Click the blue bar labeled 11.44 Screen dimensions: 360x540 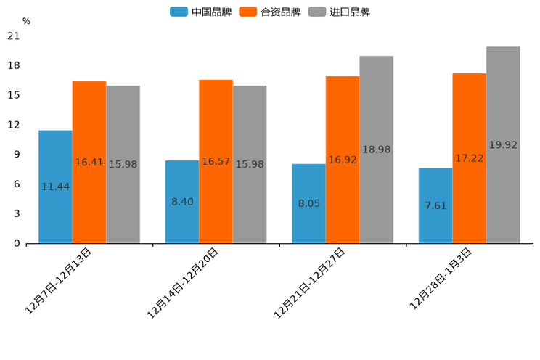coord(55,187)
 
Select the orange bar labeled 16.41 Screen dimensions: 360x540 coord(89,162)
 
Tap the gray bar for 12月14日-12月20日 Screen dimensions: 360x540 coord(250,164)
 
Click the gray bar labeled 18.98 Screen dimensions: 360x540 coord(376,150)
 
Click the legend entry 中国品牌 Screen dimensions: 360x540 coord(201,12)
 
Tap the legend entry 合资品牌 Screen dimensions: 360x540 coord(270,12)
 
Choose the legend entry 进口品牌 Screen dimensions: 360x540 coord(339,12)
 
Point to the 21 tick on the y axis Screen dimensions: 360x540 coord(14,36)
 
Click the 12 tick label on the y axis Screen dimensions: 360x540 coord(14,125)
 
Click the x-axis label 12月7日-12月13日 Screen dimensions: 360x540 coord(59,280)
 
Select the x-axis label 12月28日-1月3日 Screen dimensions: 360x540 coord(441,279)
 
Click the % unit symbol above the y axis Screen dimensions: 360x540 coord(26,21)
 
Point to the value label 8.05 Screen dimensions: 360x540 coord(309,203)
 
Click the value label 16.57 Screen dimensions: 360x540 coord(216,161)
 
